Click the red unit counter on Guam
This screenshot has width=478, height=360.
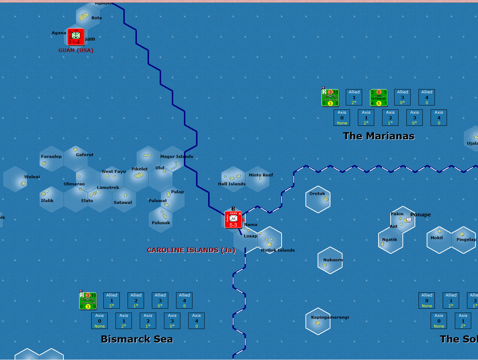pos(76,37)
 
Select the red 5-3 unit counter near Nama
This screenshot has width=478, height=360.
pos(233,219)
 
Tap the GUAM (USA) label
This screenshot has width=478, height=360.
pos(76,50)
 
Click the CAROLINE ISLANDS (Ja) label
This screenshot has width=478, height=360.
pos(191,250)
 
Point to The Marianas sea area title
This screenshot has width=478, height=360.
pos(379,136)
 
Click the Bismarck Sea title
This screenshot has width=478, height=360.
pos(137,339)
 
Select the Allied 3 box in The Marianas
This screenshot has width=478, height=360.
pos(402,97)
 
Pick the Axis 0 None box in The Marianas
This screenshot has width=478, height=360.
pos(342,118)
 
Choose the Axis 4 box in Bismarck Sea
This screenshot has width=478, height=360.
pos(196,321)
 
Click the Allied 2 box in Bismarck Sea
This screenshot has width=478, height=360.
pos(136,300)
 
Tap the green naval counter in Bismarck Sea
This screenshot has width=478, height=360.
pos(88,300)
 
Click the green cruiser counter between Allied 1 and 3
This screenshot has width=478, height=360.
pos(379,98)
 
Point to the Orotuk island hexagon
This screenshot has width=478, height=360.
pos(318,200)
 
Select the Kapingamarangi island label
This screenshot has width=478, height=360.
pos(330,317)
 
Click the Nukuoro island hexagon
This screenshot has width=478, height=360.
pos(330,261)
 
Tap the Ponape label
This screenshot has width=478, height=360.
pos(421,215)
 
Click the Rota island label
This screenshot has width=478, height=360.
pos(97,18)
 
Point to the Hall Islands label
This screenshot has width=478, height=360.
pos(232,184)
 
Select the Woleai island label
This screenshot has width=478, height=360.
pos(32,177)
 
